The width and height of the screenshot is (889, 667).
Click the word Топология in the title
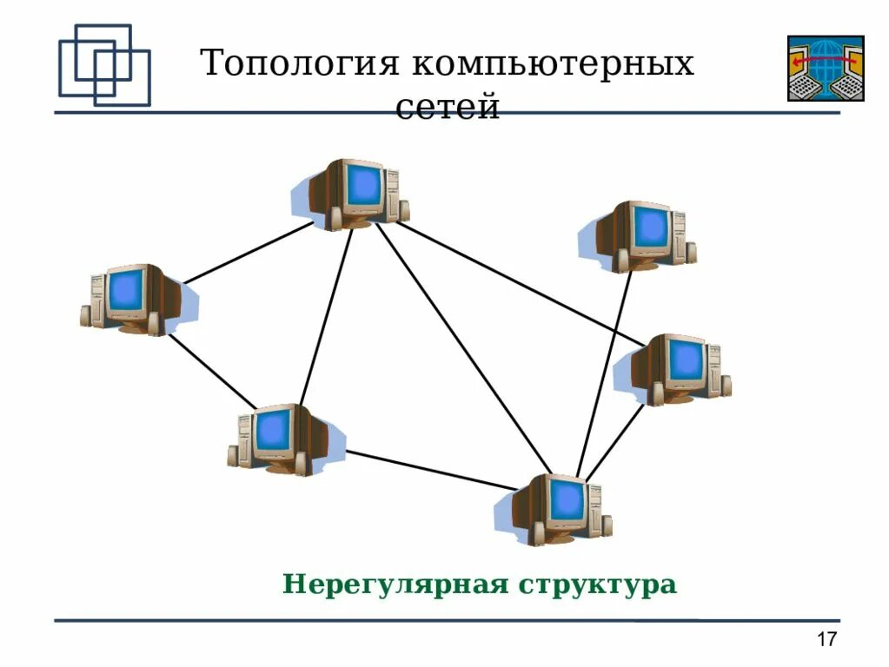coord(299,64)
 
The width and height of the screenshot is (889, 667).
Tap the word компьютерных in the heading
coord(553,64)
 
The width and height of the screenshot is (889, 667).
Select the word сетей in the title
coord(448,108)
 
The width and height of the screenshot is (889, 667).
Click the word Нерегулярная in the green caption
coord(395,584)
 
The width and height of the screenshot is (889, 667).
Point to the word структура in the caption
coord(597,584)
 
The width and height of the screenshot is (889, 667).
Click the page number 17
coord(826,640)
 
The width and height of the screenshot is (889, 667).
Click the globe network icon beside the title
coord(825,68)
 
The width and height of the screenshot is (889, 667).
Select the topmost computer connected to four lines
coord(352,193)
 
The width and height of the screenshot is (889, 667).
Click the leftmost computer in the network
coord(135,299)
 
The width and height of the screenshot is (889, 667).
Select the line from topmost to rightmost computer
coord(521,281)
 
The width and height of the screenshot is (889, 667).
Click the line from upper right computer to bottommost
coord(604,373)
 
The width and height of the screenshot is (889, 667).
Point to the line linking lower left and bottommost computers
coord(430,469)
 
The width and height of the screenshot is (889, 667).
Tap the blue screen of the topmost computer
coord(363,184)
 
